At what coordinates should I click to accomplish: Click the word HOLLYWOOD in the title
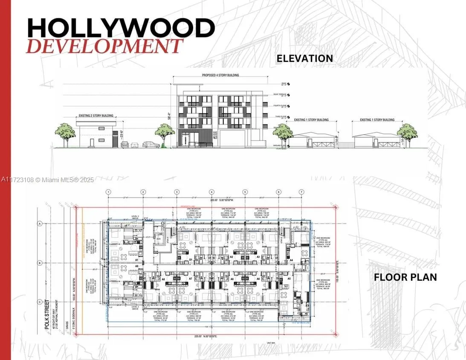coord(121,28)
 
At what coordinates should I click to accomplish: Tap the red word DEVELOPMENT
coord(104,46)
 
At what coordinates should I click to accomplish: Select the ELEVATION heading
coord(304,58)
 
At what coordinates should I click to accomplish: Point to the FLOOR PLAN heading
coord(405,277)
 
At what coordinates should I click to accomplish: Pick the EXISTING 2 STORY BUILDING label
coord(96,116)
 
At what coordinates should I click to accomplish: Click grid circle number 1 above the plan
coord(109,192)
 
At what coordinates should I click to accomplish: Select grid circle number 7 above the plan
coord(301,192)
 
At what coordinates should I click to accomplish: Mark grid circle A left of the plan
coord(40,224)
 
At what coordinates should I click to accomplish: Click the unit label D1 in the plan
coord(191,258)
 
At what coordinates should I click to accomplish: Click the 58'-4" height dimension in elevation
coord(170,115)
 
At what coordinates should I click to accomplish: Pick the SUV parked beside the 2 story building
coord(151,145)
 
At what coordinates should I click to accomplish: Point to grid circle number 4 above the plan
coord(211,192)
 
